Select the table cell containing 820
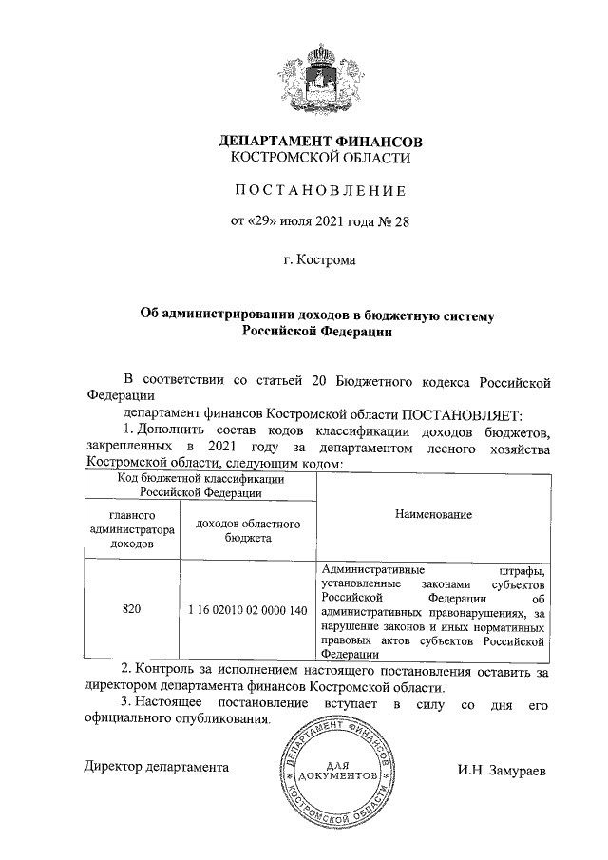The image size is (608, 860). click(132, 609)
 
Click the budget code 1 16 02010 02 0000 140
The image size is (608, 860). click(247, 609)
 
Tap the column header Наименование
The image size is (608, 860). click(431, 513)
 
